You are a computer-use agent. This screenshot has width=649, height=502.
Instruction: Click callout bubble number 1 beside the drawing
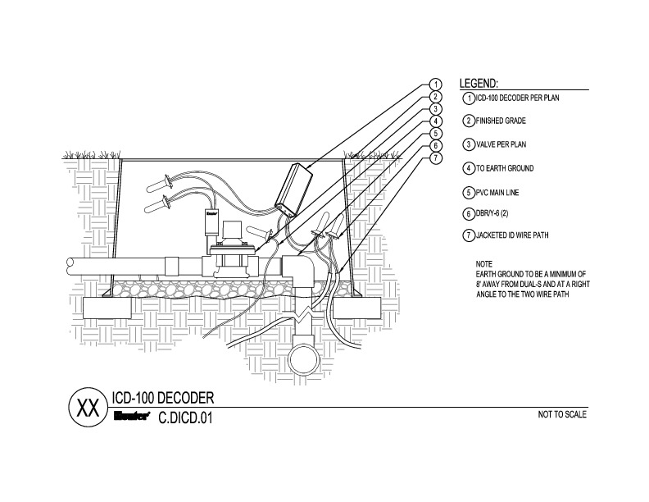(437, 84)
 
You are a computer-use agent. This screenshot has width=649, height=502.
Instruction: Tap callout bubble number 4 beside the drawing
(437, 121)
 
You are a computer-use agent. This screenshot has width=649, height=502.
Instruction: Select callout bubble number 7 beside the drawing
(437, 157)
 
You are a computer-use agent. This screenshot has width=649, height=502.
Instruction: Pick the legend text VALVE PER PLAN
(501, 145)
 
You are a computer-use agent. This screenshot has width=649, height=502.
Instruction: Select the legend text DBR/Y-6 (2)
(494, 214)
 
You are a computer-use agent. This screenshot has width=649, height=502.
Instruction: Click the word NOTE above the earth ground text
(484, 265)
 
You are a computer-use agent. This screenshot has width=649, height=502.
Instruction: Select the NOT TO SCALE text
(561, 414)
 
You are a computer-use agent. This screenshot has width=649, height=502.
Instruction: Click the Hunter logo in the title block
(129, 416)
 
